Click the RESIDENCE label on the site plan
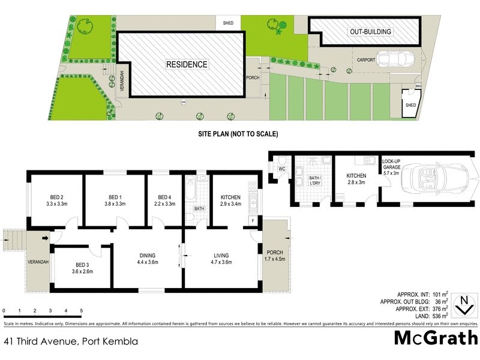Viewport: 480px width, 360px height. pos(187,64)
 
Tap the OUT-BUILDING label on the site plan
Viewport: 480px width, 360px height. pos(370,32)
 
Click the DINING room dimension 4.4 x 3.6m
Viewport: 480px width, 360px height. pos(148,262)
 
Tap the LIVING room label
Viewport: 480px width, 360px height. pos(221,255)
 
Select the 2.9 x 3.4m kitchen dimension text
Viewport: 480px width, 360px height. pos(231,204)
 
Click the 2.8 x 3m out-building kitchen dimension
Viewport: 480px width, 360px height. pos(356,182)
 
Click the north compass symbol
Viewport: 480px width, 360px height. pos(464,304)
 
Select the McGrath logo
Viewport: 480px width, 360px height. pos(436,337)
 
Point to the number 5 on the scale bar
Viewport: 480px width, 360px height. pos(81,310)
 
